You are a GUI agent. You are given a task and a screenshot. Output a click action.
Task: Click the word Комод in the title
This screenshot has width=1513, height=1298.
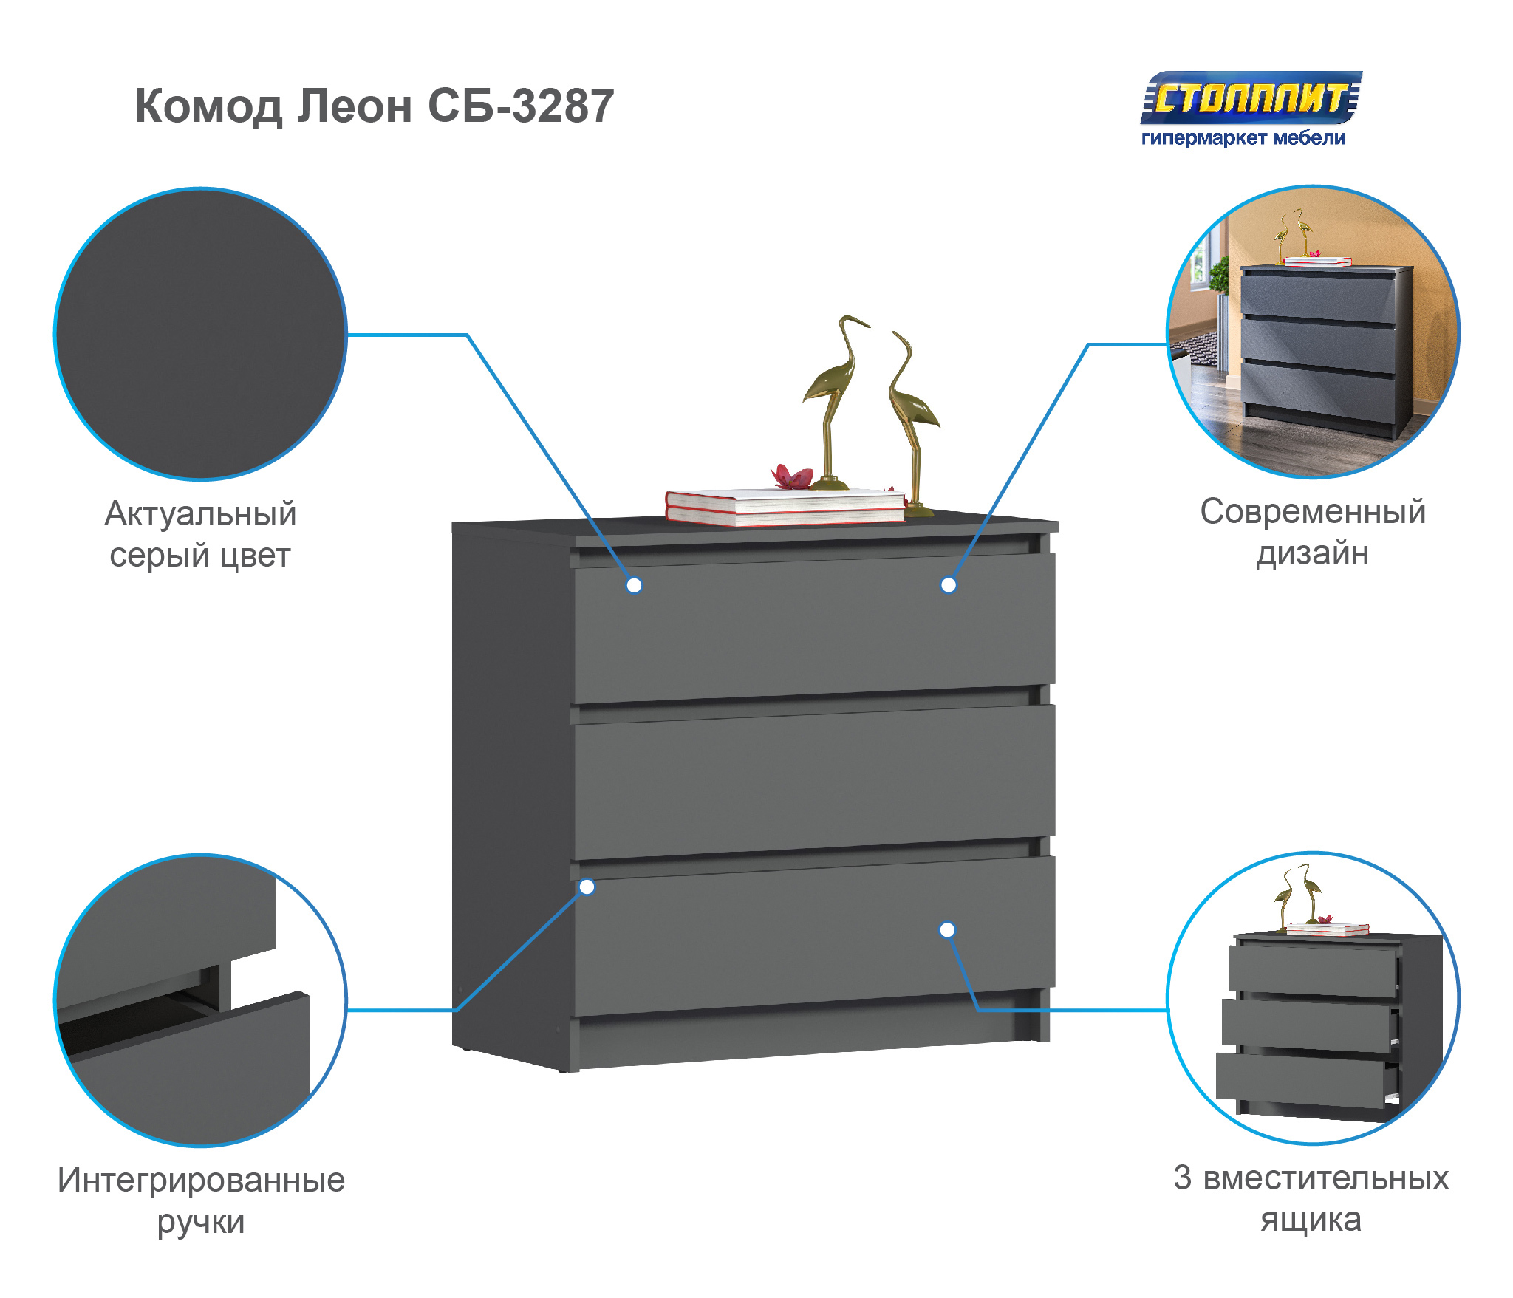point(208,106)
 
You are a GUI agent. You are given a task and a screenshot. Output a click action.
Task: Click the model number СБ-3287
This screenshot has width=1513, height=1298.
point(521,106)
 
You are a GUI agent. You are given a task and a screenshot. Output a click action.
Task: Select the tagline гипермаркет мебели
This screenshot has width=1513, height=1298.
point(1243,138)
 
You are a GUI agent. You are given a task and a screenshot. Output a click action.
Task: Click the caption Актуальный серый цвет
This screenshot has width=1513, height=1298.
point(200,534)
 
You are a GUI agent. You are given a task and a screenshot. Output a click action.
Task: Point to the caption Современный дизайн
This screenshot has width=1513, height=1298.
point(1312,532)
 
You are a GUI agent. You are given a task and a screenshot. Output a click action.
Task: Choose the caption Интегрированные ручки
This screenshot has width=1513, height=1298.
point(201,1200)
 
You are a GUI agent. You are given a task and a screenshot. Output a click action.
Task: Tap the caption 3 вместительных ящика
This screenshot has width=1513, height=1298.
point(1311,1198)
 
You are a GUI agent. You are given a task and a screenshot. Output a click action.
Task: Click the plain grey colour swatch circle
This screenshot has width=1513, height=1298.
point(200,334)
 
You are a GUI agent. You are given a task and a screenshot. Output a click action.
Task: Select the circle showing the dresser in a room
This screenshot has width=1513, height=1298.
point(1313,332)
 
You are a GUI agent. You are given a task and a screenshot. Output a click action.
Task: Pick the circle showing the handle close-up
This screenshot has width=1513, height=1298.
point(200,1000)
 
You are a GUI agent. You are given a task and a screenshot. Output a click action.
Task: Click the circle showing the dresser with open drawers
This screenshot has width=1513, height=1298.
point(1313,999)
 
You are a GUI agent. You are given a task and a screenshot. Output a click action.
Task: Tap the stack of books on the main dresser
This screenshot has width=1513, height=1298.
point(785,508)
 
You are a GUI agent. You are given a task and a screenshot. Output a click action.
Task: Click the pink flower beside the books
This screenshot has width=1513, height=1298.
point(790,476)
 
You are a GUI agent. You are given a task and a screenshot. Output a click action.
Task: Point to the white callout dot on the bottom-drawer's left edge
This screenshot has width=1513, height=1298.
point(587,887)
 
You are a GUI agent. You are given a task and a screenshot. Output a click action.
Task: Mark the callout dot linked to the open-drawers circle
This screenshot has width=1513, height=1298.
point(947,930)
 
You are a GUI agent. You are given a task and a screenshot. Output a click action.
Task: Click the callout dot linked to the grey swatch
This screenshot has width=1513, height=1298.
point(634,585)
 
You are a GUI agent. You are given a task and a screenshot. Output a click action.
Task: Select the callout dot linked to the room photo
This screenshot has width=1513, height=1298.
point(949,585)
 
